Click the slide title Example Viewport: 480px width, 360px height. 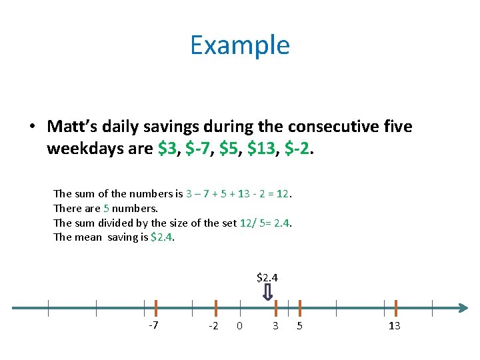pyautogui.click(x=240, y=45)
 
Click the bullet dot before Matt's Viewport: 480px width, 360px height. pyautogui.click(x=31, y=127)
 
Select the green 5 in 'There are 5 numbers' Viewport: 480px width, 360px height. pyautogui.click(x=106, y=209)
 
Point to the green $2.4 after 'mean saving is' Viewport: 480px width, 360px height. pyautogui.click(x=162, y=237)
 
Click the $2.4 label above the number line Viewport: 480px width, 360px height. pyautogui.click(x=267, y=277)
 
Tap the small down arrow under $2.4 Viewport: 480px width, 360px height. pyautogui.click(x=267, y=291)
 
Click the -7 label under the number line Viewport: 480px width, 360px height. pyautogui.click(x=153, y=325)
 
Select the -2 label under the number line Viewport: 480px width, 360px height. pyautogui.click(x=213, y=326)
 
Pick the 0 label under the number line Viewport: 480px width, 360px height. pyautogui.click(x=239, y=326)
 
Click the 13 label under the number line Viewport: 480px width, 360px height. pyautogui.click(x=394, y=326)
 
